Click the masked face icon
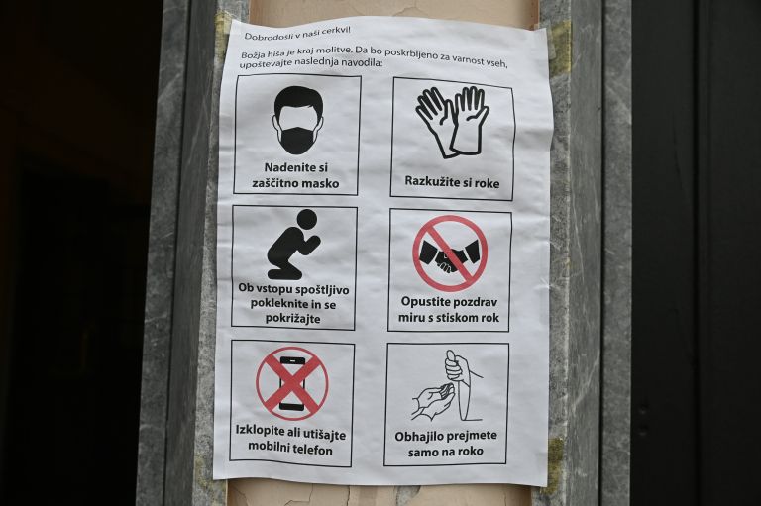298,121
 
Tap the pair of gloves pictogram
452,122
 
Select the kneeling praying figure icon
293,244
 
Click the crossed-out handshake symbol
450,253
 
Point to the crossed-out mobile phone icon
292,383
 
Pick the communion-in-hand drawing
448,386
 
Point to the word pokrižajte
292,319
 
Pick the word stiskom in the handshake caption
455,318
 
